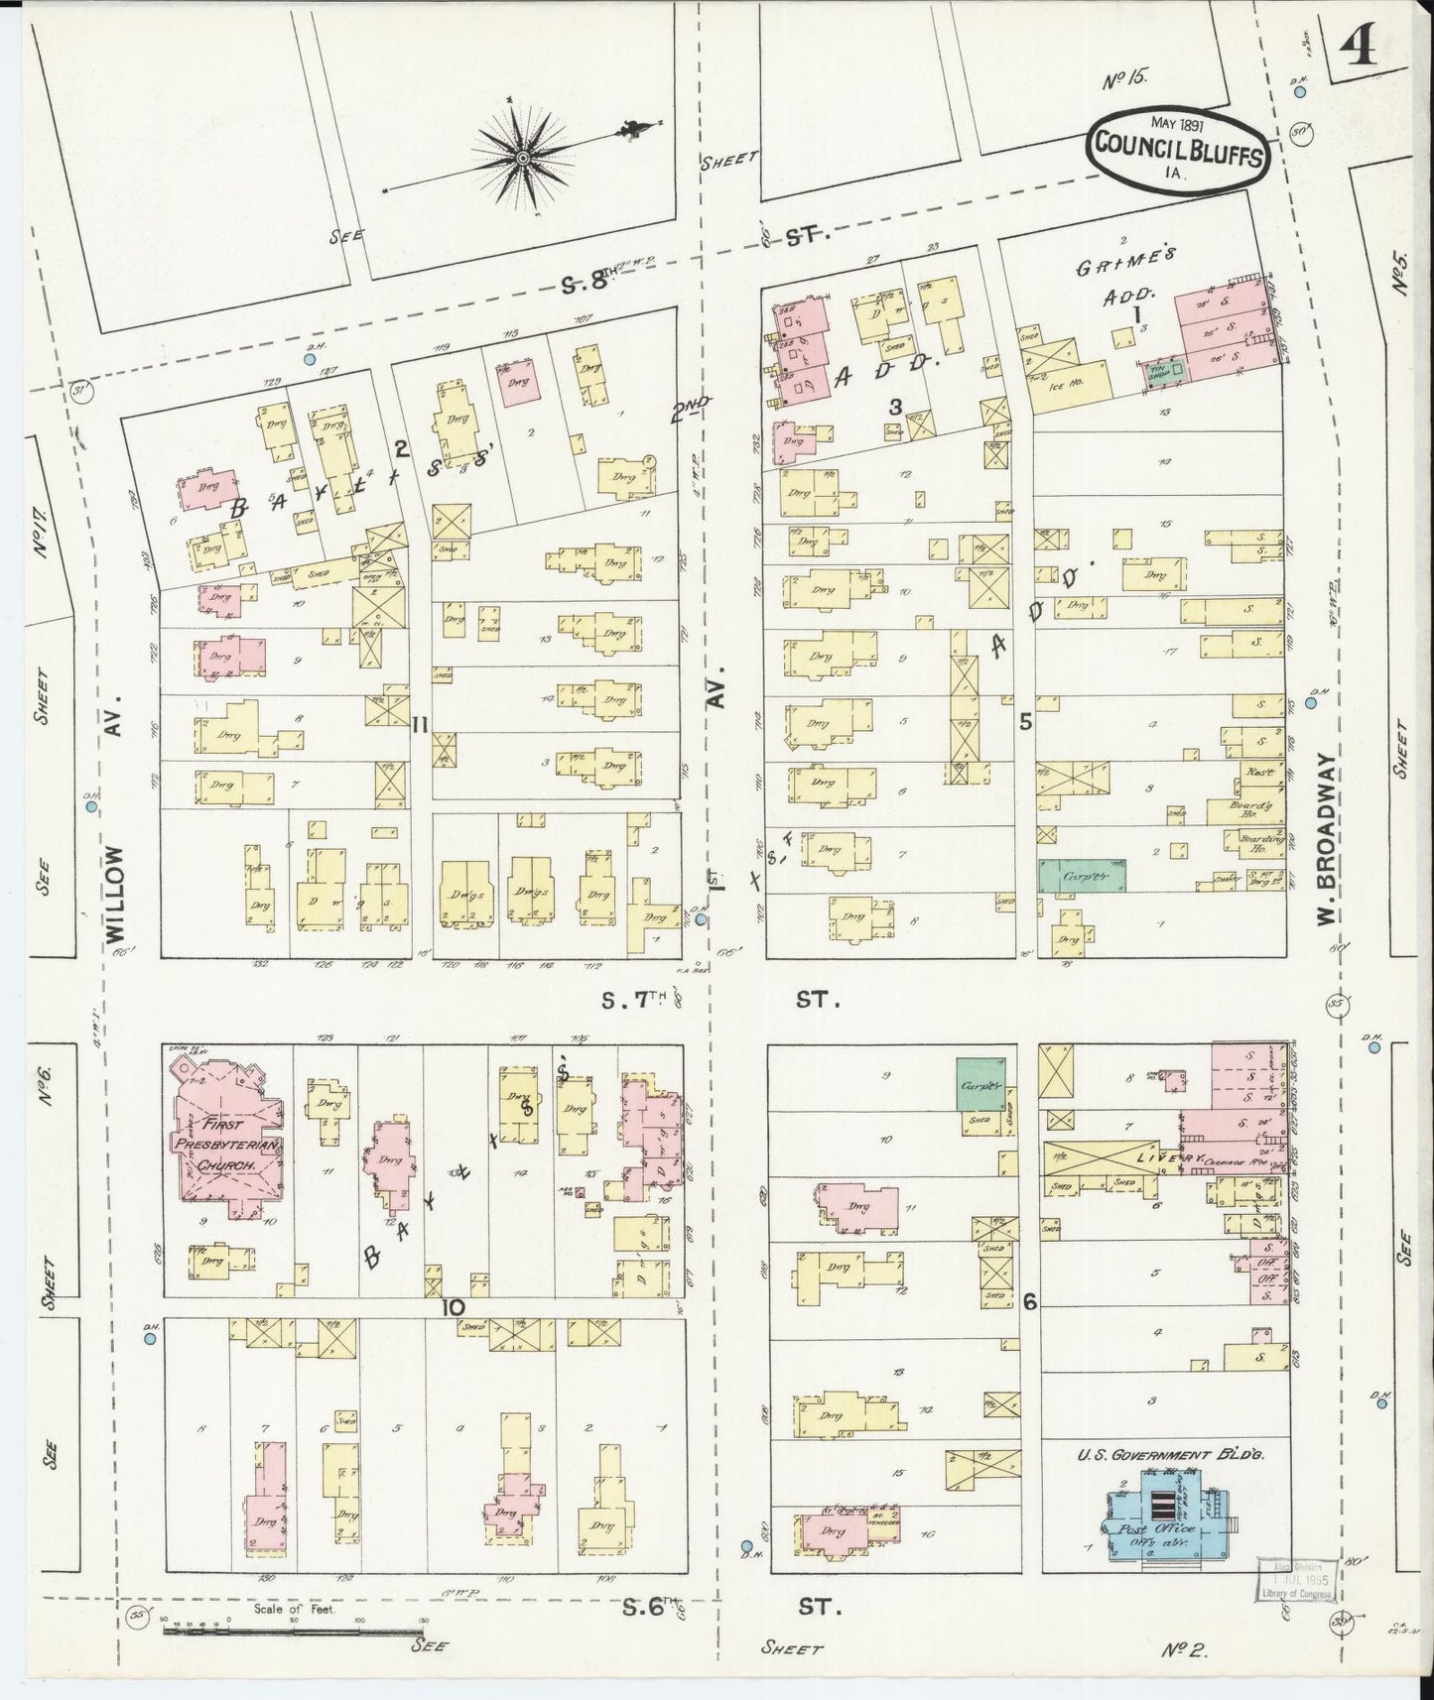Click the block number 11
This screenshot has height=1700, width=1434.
(420, 726)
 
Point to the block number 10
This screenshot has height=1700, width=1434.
(452, 1306)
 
